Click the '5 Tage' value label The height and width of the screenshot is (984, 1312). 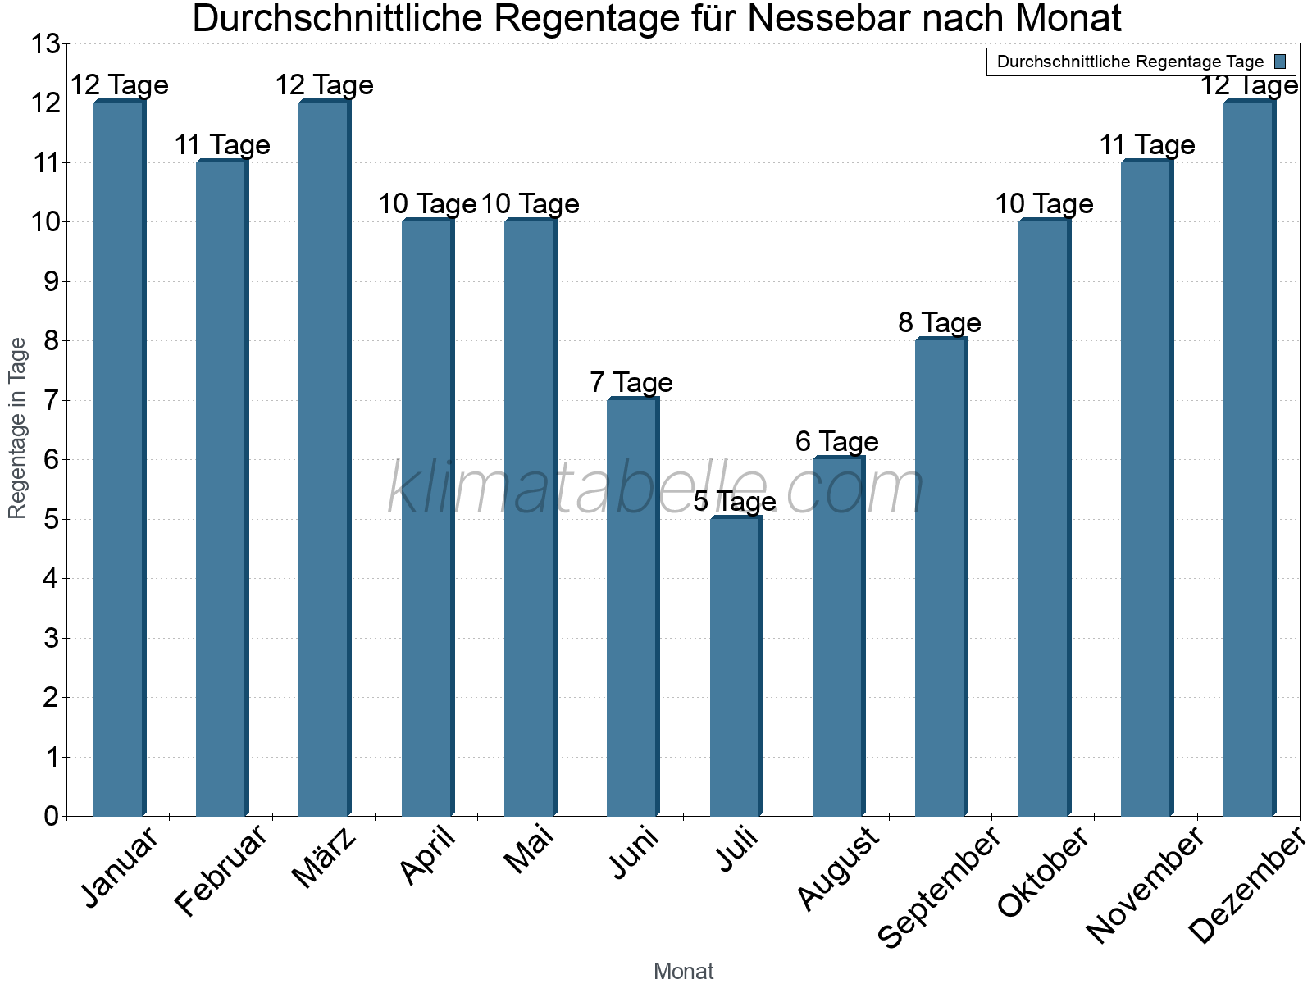735,501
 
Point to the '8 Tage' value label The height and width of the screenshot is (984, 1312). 940,322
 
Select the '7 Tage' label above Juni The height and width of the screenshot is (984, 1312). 631,382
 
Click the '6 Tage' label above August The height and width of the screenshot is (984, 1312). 837,441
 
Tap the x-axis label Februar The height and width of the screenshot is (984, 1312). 221,871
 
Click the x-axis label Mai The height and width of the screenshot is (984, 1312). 529,850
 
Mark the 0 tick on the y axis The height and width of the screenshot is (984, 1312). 51,817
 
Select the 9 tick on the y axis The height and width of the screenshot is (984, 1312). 51,282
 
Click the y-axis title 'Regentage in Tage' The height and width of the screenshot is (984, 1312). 17,428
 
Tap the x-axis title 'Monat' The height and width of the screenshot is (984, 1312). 683,971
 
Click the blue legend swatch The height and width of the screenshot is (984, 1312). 1280,61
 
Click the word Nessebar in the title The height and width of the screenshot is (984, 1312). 845,19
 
